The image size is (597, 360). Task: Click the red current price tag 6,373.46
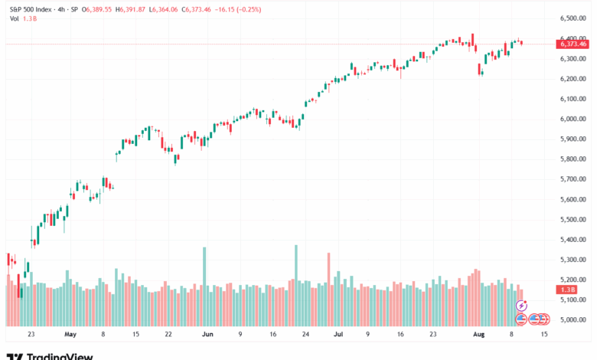click(x=573, y=44)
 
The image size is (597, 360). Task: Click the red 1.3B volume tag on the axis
click(x=568, y=290)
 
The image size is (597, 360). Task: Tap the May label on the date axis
click(x=71, y=334)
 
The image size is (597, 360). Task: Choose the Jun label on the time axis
click(x=207, y=334)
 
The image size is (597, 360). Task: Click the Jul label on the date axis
click(x=338, y=334)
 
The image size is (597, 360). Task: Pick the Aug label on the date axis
click(x=478, y=334)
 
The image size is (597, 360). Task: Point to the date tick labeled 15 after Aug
click(x=543, y=334)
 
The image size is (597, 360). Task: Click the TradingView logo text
click(x=60, y=355)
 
